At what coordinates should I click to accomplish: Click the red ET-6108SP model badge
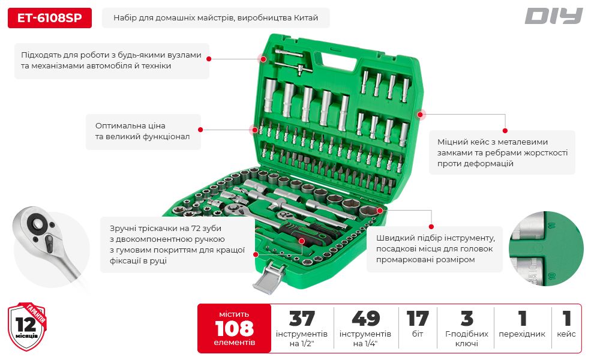click(50, 18)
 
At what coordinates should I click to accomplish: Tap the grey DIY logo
click(553, 16)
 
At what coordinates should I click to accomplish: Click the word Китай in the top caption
click(306, 18)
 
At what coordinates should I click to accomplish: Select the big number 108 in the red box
click(234, 328)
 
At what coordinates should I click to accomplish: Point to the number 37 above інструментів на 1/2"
click(302, 319)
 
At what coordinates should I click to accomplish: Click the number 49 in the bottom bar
click(365, 319)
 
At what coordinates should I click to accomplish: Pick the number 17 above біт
click(418, 319)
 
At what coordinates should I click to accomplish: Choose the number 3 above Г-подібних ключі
click(467, 319)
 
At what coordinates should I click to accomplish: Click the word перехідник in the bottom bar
click(522, 334)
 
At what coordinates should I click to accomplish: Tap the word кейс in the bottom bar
click(566, 334)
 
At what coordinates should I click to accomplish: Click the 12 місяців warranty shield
click(27, 326)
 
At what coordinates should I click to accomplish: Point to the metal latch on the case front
click(269, 277)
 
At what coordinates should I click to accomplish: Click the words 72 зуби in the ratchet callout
click(206, 229)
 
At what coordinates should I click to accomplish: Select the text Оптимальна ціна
click(130, 126)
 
